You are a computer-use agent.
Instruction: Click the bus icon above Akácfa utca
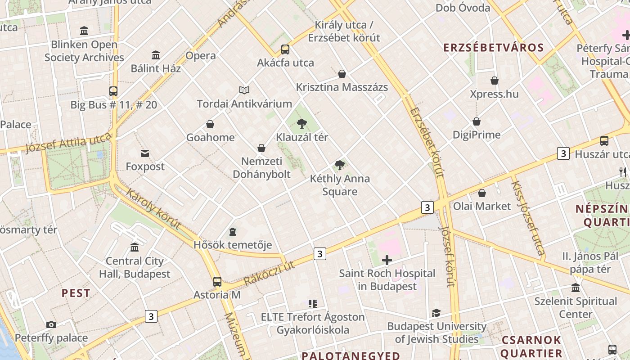[285, 49]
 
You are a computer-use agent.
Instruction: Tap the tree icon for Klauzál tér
[302, 124]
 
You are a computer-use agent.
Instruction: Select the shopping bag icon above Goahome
[210, 124]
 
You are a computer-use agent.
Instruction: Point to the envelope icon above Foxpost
[145, 153]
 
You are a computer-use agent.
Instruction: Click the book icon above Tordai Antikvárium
[244, 90]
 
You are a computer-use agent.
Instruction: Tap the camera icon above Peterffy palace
[51, 324]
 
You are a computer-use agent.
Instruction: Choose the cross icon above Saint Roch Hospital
[387, 260]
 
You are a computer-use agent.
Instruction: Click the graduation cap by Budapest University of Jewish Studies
[436, 313]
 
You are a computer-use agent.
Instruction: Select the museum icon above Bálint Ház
[156, 55]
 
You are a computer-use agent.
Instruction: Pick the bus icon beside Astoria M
[217, 282]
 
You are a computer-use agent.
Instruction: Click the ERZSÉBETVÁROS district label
[494, 48]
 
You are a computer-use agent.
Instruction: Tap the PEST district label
[76, 293]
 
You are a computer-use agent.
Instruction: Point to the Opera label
[201, 56]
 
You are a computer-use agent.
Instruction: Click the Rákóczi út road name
[270, 273]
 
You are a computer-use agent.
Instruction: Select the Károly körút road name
[153, 209]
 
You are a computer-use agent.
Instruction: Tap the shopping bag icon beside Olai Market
[482, 193]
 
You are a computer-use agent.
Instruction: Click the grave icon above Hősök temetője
[233, 232]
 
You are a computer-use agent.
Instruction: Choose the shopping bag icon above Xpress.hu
[495, 81]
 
